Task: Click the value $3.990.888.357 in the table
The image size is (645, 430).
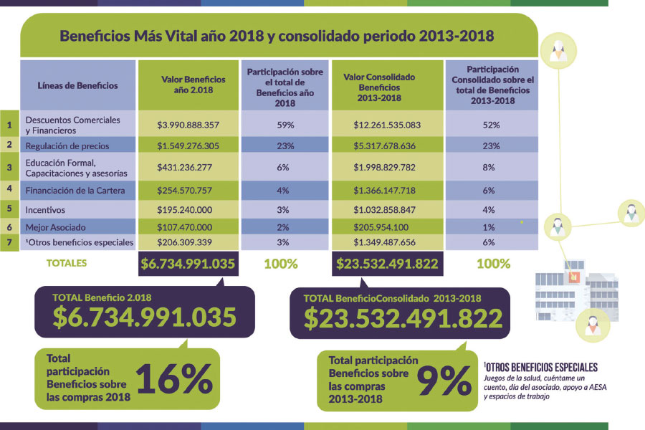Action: (188, 125)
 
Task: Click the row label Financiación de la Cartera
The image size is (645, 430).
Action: (75, 190)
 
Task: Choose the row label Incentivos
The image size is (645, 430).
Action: (46, 210)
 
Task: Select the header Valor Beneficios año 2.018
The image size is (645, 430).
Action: (188, 85)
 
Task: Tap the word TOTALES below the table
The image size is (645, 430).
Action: (67, 263)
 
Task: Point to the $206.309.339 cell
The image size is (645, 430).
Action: (188, 242)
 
